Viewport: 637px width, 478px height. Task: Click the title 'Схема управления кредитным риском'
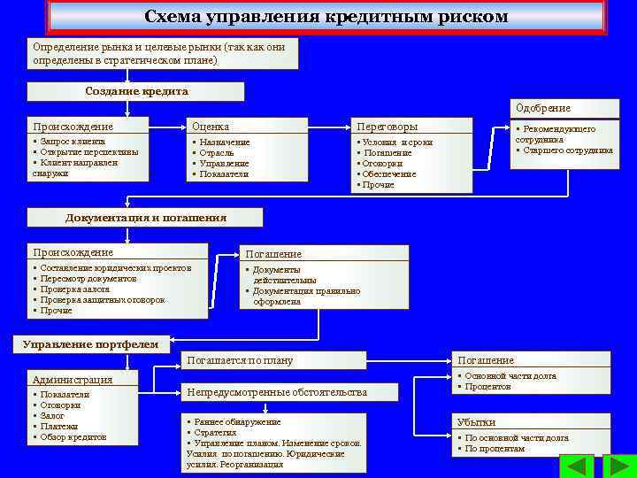pyautogui.click(x=326, y=17)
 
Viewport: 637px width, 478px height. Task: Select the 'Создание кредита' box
pyautogui.click(x=136, y=91)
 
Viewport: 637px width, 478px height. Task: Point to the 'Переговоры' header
pyautogui.click(x=387, y=127)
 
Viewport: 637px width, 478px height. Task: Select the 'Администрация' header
pyautogui.click(x=73, y=380)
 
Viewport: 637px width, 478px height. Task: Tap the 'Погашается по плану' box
pyautogui.click(x=240, y=360)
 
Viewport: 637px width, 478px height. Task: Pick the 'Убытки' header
pyautogui.click(x=477, y=422)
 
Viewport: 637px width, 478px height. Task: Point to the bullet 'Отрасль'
pyautogui.click(x=216, y=152)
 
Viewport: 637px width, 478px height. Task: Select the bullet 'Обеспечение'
pyautogui.click(x=389, y=174)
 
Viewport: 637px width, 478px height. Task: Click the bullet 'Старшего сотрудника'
pyautogui.click(x=567, y=150)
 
